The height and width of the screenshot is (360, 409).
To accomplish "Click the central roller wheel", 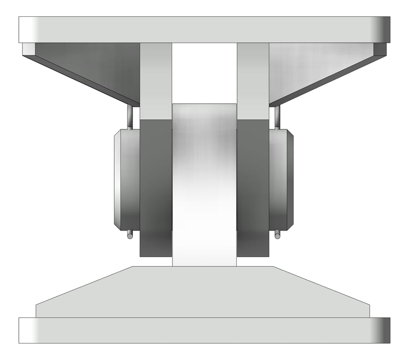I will point(204,187).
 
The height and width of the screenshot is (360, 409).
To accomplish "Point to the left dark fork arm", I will point(156,187).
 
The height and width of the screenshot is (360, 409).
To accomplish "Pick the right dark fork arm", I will point(253,187).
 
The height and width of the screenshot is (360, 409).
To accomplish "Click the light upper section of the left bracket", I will point(156,80).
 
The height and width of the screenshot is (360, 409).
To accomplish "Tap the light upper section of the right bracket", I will point(253,80).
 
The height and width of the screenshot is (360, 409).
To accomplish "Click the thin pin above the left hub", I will point(130,117).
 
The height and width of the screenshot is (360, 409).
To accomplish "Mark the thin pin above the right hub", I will point(277,117).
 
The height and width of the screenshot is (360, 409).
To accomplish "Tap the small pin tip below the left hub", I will point(130,235).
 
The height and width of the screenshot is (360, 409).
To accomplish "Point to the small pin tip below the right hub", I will point(277,235).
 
